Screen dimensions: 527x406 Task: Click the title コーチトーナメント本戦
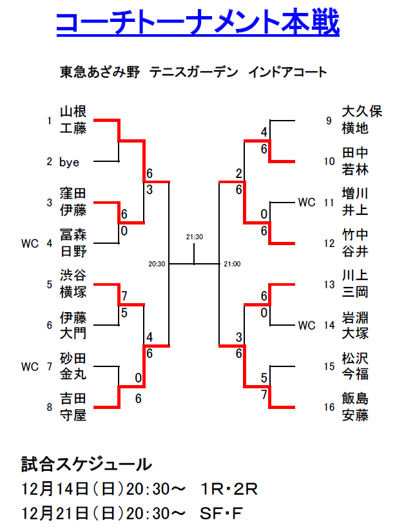coord(197,24)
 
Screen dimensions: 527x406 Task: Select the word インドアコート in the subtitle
coord(287,72)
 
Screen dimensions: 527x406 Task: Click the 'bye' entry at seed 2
coord(69,162)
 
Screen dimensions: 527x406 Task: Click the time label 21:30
coord(194,237)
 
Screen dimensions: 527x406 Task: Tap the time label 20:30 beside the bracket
coord(157,263)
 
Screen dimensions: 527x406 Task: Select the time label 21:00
coord(232,263)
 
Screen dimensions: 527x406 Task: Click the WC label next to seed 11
coord(307,203)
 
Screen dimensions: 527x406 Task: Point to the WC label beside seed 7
coord(30,366)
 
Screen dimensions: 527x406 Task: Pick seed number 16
coord(329,407)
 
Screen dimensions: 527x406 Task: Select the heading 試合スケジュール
coord(87,464)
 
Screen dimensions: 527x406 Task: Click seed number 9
coord(329,121)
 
